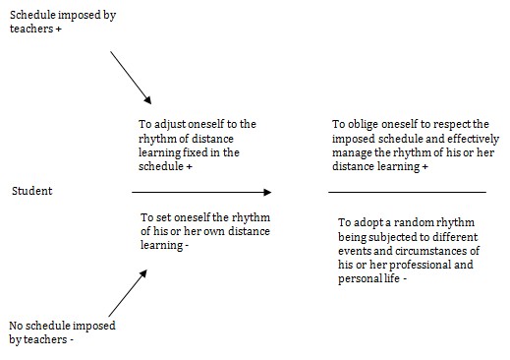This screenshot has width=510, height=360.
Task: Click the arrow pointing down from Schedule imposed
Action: pyautogui.click(x=131, y=78)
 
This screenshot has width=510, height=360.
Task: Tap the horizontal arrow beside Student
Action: pyautogui.click(x=201, y=191)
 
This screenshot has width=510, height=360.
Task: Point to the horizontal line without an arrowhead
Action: pyautogui.click(x=407, y=191)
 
